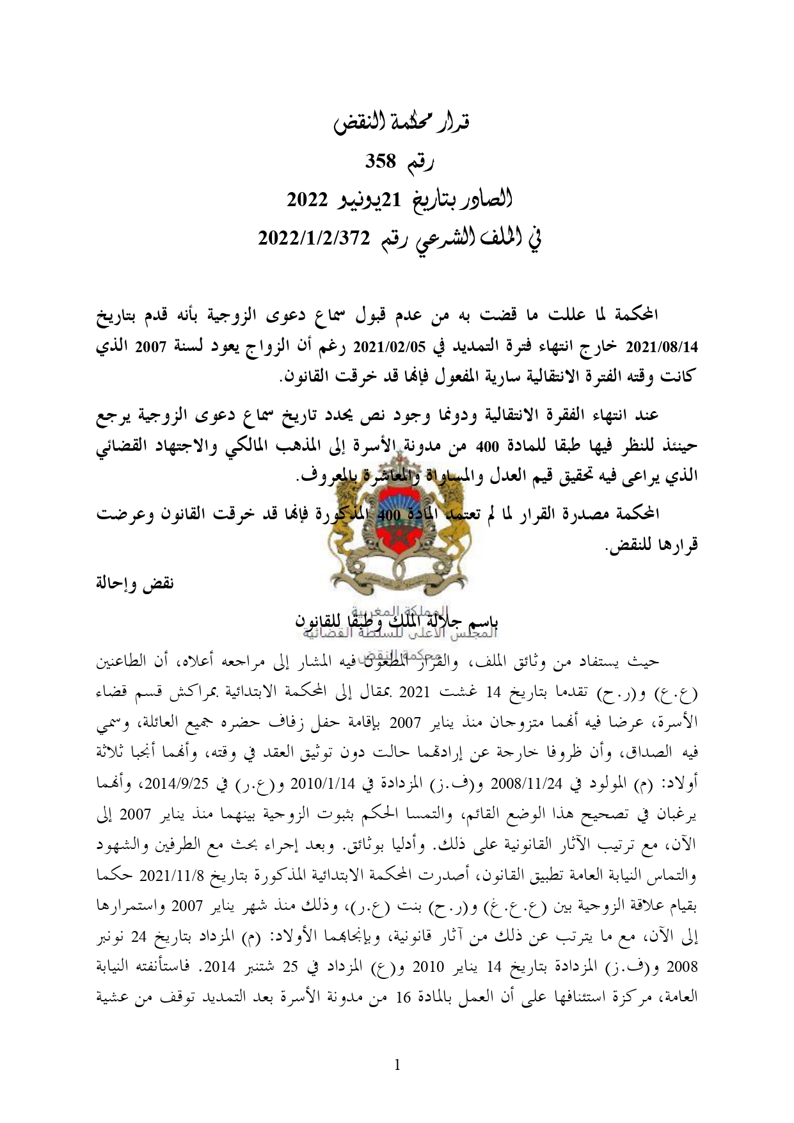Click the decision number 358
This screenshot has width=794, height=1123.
pyautogui.click(x=381, y=162)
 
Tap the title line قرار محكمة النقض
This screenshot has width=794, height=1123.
pyautogui.click(x=402, y=121)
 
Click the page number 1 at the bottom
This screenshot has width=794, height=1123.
pyautogui.click(x=397, y=1065)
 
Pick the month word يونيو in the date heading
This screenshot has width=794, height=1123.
pyautogui.click(x=370, y=200)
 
